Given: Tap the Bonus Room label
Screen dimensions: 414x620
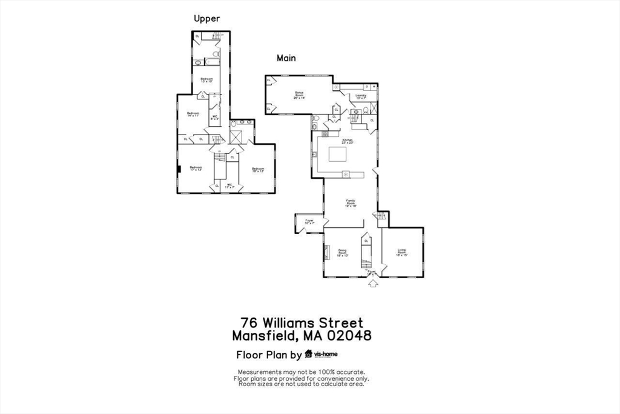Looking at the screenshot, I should click(299, 95).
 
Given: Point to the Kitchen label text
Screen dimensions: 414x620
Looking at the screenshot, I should click(347, 141).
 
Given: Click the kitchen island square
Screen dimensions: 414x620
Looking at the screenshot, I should click(340, 153).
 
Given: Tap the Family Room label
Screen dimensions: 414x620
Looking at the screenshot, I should click(351, 203).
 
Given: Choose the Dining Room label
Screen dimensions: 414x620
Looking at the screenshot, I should click(343, 253).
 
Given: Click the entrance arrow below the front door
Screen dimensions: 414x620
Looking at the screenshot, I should click(372, 283).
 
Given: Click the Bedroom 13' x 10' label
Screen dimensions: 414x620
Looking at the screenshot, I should click(207, 81).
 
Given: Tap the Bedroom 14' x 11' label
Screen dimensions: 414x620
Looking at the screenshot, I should click(193, 115).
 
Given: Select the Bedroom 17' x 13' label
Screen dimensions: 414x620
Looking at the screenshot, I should click(196, 169).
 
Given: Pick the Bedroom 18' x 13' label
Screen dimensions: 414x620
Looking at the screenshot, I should click(258, 170).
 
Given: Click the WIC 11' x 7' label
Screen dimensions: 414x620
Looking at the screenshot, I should click(229, 186).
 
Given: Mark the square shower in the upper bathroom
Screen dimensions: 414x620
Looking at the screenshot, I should click(237, 135).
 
